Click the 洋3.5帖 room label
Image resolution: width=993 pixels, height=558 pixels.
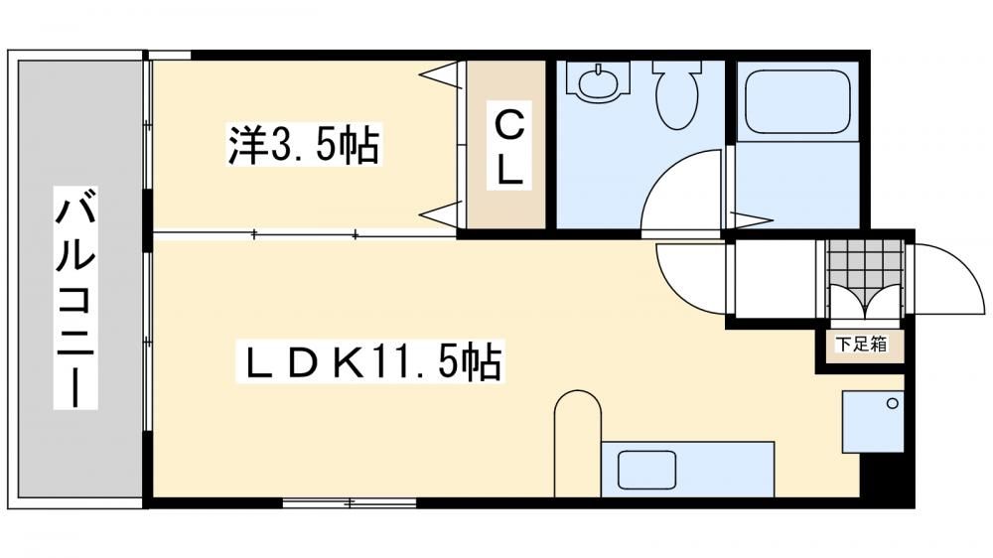pyautogui.click(x=304, y=145)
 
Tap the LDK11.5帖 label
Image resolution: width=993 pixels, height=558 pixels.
pyautogui.click(x=369, y=361)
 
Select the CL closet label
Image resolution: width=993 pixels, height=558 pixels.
pyautogui.click(x=509, y=146)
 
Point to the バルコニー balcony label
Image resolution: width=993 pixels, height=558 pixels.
pyautogui.click(x=75, y=298)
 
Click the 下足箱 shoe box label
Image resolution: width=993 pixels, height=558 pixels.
pyautogui.click(x=861, y=345)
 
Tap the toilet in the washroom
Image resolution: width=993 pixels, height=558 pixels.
pyautogui.click(x=677, y=94)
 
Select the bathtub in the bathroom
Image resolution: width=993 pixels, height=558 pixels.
pyautogui.click(x=796, y=101)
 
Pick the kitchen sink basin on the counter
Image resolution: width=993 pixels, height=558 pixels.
pyautogui.click(x=646, y=470)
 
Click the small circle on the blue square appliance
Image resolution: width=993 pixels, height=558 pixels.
pyautogui.click(x=893, y=403)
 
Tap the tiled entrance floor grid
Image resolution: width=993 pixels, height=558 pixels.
pyautogui.click(x=866, y=262)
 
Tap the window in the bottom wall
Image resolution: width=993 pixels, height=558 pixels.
pyautogui.click(x=349, y=503)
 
